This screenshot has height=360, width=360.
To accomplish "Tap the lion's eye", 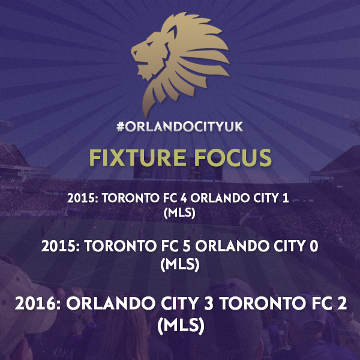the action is (x=149, y=44).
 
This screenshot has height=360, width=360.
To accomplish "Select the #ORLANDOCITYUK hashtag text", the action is (x=180, y=127).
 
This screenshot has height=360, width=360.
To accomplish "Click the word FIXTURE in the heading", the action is (x=137, y=157).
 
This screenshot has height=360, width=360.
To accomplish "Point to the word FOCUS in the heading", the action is (x=233, y=157).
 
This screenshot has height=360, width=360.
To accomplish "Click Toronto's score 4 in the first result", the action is (x=184, y=199).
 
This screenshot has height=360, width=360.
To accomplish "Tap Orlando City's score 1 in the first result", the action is (x=286, y=199).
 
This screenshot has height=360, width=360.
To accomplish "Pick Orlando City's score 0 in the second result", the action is (x=314, y=247).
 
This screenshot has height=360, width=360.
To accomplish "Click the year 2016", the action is (x=35, y=304).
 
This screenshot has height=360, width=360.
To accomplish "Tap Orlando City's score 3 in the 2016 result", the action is (x=208, y=304).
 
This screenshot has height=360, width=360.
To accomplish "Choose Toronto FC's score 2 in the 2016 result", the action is (x=342, y=304).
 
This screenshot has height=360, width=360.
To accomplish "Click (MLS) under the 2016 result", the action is (x=181, y=326).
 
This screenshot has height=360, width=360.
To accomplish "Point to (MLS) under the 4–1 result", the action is (x=179, y=212).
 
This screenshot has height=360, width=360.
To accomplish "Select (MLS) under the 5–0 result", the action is (x=180, y=264).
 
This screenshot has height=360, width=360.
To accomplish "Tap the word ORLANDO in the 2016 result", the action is (x=110, y=304).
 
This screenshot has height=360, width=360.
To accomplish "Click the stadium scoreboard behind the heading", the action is (x=178, y=172).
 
